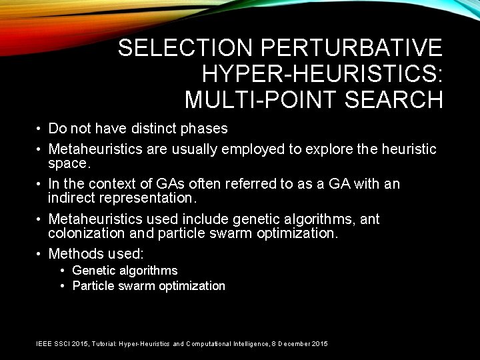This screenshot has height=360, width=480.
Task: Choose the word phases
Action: tap(203, 128)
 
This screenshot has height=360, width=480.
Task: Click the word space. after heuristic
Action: tap(69, 163)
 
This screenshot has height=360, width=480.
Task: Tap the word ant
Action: tap(369, 219)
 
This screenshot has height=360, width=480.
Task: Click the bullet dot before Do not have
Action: tap(40, 128)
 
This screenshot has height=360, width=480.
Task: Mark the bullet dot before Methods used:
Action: tap(40, 253)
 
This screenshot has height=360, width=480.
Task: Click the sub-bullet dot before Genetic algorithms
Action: tap(62, 270)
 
